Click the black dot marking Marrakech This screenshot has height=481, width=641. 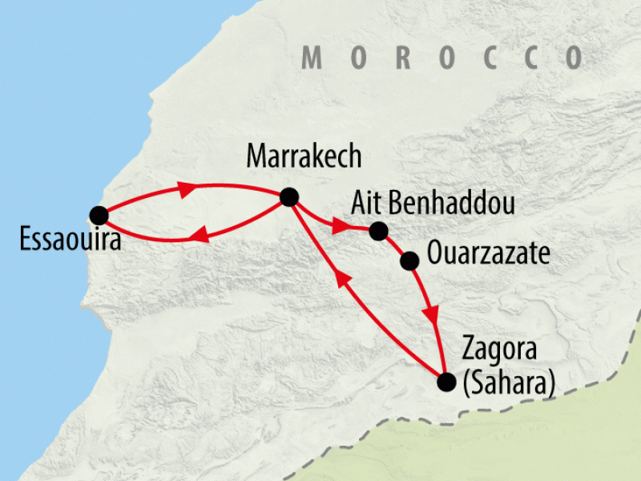click(288, 197)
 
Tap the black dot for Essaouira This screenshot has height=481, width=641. click(99, 215)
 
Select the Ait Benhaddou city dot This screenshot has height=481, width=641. click(377, 232)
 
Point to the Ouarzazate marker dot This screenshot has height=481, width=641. click(409, 261)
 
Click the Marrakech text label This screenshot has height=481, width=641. click(304, 156)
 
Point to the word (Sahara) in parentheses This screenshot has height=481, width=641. click(508, 382)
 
